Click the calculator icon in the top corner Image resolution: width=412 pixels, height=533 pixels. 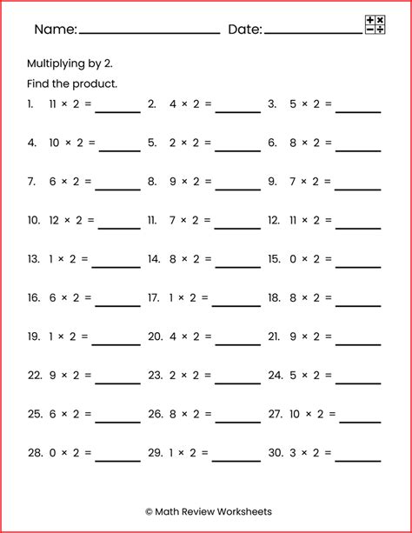(375, 25)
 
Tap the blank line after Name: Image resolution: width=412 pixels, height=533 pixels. (149, 33)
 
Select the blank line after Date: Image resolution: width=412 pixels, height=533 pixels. (312, 33)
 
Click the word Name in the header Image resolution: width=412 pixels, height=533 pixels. (54, 30)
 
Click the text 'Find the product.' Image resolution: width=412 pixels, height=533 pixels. (72, 84)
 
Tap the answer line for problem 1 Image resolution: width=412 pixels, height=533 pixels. (117, 111)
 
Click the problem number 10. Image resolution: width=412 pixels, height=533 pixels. (34, 220)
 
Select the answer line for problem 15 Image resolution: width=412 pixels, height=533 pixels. (358, 265)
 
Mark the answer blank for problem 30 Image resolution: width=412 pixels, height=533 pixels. (358, 460)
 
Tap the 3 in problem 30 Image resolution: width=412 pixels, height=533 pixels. (296, 454)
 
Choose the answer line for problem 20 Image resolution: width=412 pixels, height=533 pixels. (237, 343)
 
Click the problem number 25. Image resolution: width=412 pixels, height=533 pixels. (34, 415)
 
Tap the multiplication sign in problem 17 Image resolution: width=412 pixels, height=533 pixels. (182, 298)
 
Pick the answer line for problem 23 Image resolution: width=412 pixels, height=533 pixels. (237, 383)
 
